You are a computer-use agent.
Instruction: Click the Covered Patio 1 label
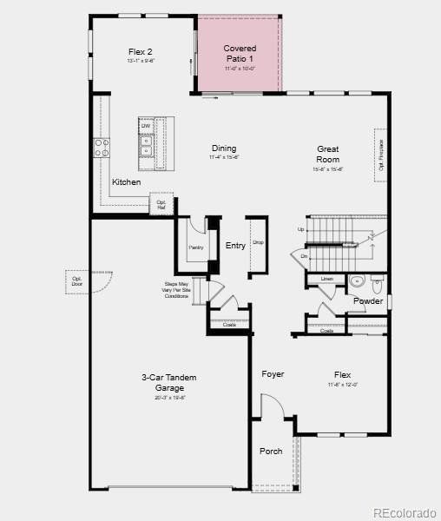click(240, 53)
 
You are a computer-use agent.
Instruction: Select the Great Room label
click(327, 154)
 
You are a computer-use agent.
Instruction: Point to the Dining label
click(223, 148)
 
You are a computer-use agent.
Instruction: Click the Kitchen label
click(126, 182)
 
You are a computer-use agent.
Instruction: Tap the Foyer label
click(273, 374)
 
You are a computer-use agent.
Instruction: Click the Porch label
click(271, 451)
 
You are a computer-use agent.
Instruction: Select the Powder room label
click(367, 301)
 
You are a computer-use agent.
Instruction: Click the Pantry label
click(195, 247)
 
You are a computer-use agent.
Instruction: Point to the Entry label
click(235, 246)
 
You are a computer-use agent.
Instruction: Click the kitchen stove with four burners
click(102, 148)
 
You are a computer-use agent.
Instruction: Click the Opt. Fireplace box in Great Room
click(380, 155)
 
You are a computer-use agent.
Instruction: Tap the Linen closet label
click(326, 279)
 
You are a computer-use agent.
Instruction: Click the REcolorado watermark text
click(405, 512)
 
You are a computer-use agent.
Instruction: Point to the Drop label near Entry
click(258, 242)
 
